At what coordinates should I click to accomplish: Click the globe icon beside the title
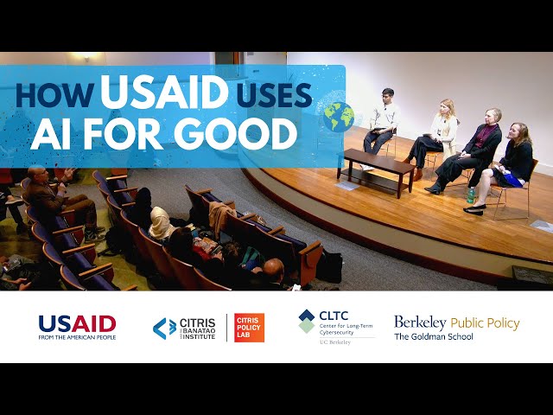tap(339, 118)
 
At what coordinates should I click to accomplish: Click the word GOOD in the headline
tap(235, 133)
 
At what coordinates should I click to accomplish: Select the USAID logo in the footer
tap(77, 327)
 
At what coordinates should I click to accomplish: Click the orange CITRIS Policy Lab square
tap(249, 328)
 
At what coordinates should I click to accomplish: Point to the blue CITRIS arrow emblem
tap(164, 329)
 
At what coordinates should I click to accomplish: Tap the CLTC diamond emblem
tap(306, 321)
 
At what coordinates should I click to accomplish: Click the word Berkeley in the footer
tap(420, 322)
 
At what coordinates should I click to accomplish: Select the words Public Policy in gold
tap(486, 323)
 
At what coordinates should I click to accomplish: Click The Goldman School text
tap(434, 336)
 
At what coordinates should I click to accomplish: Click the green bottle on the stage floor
tap(471, 195)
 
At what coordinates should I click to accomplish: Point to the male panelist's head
tap(388, 97)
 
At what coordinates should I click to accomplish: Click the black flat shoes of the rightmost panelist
tap(474, 209)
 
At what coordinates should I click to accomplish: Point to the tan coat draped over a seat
tap(220, 214)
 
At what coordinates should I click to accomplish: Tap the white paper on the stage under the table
tap(346, 186)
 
